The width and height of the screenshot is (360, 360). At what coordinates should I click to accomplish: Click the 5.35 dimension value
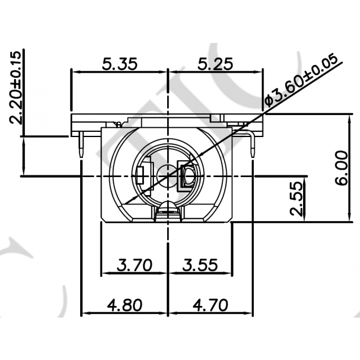tap(120, 63)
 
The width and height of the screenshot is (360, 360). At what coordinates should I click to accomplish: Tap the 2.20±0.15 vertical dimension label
tap(16, 88)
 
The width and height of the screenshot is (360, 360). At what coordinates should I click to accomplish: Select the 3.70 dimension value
tap(135, 265)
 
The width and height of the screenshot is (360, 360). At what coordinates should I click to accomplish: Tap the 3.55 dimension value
tap(200, 265)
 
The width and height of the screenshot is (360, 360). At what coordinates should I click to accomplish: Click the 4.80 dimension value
tap(124, 305)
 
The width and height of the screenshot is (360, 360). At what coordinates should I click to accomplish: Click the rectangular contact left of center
tap(142, 175)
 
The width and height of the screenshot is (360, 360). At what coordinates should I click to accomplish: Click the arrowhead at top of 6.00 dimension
tap(350, 118)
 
